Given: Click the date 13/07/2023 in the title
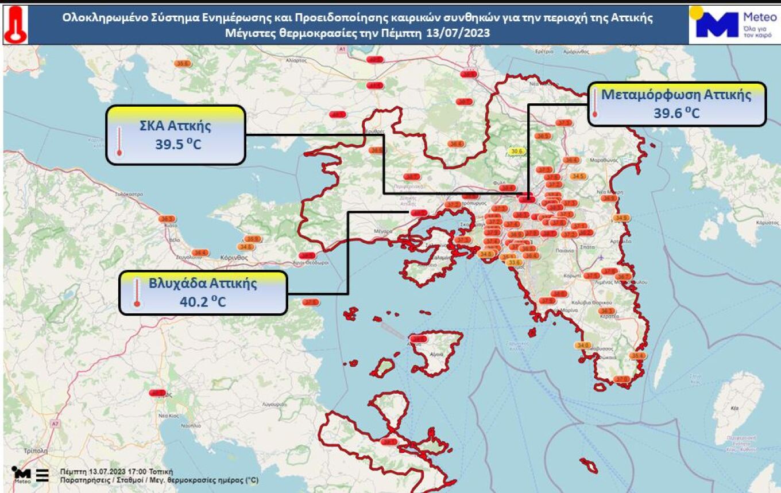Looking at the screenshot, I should pos(458,33).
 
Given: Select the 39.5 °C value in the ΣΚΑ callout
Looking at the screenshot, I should pos(177,143).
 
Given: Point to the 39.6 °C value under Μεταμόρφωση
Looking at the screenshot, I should pos(676,113).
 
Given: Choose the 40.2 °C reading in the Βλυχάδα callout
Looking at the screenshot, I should pos(202,301).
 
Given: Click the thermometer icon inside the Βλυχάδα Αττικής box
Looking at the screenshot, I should pos(137,293).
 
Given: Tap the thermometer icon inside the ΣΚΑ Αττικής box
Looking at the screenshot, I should pos(119,141).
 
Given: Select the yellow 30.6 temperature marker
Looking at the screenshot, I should pos(516,151).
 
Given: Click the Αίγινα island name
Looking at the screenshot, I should pos(436,355).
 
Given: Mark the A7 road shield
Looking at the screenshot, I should pos(55,424).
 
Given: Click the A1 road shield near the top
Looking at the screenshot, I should pos(342,50).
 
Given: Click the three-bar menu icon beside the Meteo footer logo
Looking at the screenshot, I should pos(42,475).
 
